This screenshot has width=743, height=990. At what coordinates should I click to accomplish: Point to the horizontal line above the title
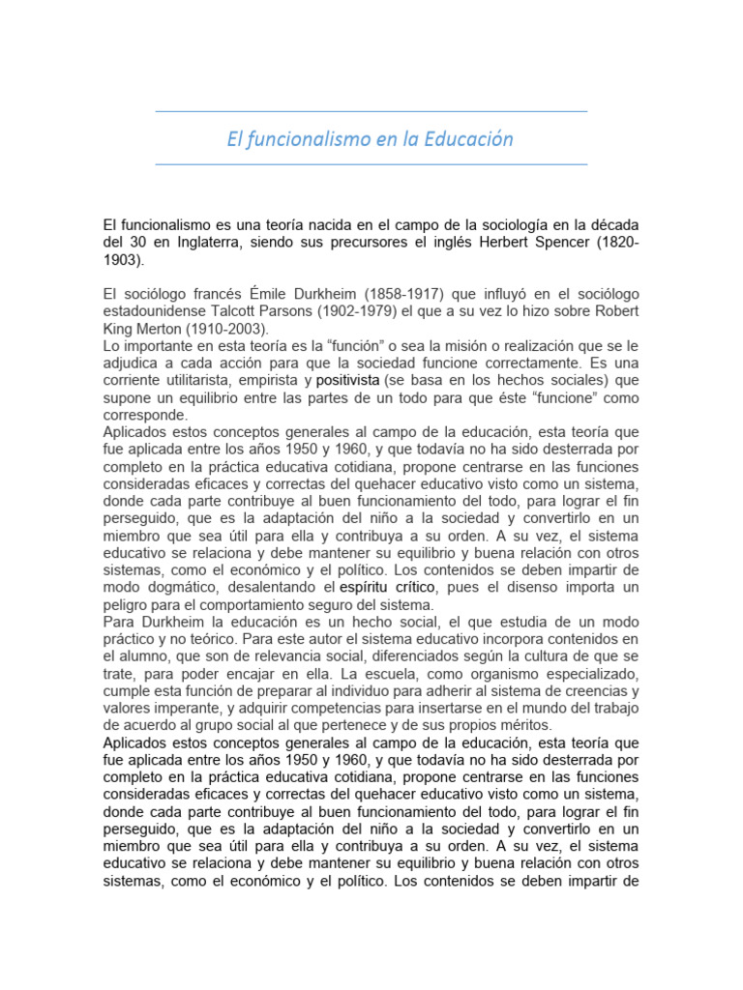[x=371, y=112]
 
